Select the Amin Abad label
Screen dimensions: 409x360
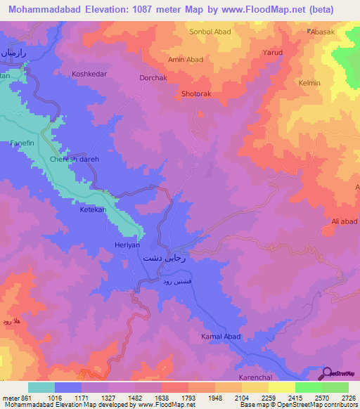tap(186, 60)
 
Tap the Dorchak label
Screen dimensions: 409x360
tap(153, 78)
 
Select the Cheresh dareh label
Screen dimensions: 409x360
tap(75, 160)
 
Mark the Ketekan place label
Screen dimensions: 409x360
tap(93, 209)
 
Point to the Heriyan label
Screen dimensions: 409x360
tap(128, 245)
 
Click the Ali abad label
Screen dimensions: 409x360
tap(345, 222)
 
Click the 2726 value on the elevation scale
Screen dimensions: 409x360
tap(348, 397)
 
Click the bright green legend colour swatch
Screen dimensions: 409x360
tap(308, 387)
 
